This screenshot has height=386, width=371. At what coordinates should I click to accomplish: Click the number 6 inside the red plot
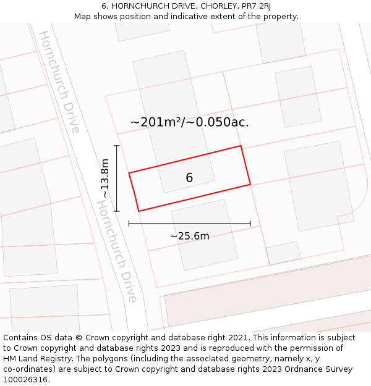(189, 178)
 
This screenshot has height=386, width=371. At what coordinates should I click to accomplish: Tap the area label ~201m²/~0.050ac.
(189, 122)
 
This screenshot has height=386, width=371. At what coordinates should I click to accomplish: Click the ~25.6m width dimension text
(189, 236)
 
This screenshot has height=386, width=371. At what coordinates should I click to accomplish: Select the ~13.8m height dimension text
(105, 178)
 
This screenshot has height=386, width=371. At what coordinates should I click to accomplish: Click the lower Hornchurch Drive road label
(117, 251)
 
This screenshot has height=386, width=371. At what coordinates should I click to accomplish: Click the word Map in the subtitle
(83, 17)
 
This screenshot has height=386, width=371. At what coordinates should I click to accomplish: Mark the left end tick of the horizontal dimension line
(129, 223)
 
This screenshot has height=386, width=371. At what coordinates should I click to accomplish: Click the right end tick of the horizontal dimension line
(250, 223)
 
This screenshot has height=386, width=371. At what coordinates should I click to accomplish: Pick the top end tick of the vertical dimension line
(117, 146)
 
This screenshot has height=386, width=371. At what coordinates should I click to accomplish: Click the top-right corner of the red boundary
(241, 146)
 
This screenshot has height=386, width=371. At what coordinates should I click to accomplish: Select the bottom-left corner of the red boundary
(139, 211)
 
